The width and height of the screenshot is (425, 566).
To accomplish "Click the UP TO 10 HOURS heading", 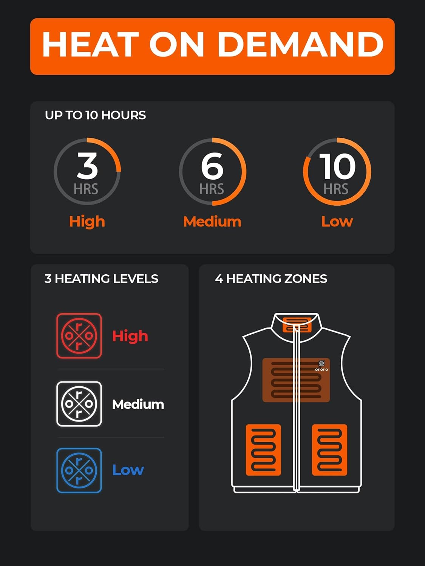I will tap(95, 115).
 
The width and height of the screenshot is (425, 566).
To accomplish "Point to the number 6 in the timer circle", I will tap(212, 166).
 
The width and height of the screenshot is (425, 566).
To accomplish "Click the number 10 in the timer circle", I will tap(337, 166).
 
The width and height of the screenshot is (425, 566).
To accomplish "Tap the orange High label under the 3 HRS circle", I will tap(87, 221).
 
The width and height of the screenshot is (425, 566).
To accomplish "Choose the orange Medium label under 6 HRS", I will tap(212, 221).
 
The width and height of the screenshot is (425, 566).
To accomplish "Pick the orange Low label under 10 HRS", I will tap(337, 221).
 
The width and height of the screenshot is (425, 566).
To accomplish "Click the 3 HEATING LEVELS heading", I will tap(101, 279).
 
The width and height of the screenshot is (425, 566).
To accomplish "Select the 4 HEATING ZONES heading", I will tap(271, 279).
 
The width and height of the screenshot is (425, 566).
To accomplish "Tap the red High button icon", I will tap(79, 335).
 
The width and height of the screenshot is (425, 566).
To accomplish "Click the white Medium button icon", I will tap(79, 404).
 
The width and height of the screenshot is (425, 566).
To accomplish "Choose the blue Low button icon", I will tap(79, 470).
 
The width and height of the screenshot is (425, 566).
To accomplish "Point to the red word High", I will tap(130, 336).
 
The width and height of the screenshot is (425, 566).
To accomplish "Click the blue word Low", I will tap(128, 470).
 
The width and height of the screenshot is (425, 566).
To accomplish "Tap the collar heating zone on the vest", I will tap(297, 325).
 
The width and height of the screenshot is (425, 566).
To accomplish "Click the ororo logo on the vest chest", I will tap(321, 365).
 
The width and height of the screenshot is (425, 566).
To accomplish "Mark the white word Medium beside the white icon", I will tap(138, 405).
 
